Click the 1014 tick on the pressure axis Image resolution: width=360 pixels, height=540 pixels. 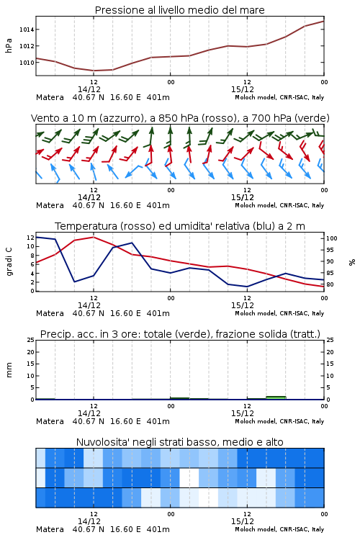[27, 30]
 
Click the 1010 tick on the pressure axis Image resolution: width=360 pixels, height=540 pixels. [27, 63]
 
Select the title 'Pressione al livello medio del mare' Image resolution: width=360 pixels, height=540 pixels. [180, 10]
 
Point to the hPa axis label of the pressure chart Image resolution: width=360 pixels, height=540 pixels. [9, 45]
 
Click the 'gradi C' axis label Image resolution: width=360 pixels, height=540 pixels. [9, 261]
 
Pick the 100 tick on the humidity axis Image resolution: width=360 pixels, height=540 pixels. [332, 238]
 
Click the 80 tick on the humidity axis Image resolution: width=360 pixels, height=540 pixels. [330, 284]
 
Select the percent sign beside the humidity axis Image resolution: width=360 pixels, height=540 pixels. [352, 262]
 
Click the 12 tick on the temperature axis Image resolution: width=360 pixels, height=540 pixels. [30, 238]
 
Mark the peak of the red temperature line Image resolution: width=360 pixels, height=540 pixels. [94, 237]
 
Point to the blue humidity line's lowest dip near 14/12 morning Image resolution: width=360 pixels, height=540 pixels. [74, 282]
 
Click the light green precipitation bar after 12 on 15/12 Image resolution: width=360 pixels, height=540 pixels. [276, 397]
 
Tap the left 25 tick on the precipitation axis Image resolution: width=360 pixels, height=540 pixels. [30, 340]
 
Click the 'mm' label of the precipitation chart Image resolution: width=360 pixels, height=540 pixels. [9, 370]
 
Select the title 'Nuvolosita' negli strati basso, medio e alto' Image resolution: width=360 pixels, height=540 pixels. [179, 442]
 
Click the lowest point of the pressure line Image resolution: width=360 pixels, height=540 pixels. [94, 71]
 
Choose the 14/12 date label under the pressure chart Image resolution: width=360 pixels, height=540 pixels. [89, 89]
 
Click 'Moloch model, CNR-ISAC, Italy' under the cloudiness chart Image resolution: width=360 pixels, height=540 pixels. [279, 529]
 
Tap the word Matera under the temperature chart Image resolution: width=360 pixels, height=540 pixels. [50, 313]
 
